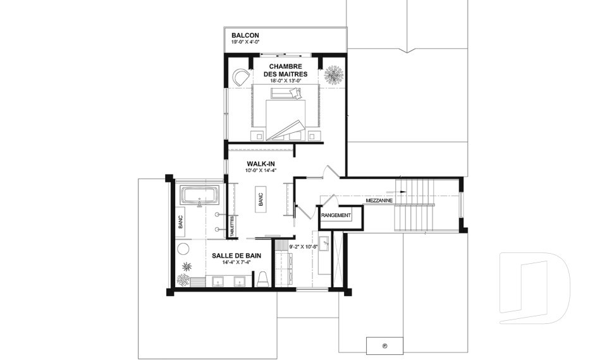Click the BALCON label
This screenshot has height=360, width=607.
coord(245,35)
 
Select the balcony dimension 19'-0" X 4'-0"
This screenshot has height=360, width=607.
coord(245,42)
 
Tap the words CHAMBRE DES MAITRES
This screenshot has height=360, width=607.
coord(286,70)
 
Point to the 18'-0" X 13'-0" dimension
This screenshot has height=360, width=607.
coord(286,80)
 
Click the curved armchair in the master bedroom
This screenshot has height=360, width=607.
coord(242,77)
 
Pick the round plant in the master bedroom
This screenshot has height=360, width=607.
coord(333,75)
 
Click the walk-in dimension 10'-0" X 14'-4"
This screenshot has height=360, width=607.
coord(261,170)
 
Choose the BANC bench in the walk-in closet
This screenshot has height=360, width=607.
coord(260,199)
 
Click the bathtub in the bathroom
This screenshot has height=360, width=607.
coord(200,196)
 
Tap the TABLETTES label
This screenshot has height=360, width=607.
coord(232,227)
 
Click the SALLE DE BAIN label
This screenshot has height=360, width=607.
coord(236,256)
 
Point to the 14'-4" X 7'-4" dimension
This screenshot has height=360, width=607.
coord(236,263)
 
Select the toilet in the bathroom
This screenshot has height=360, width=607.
coord(262,278)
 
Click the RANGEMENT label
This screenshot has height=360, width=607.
coord(336,216)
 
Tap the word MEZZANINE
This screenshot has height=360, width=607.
coord(379,201)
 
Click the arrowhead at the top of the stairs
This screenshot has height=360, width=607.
coord(404,191)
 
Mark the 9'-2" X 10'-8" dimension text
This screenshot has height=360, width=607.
coord(303,247)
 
